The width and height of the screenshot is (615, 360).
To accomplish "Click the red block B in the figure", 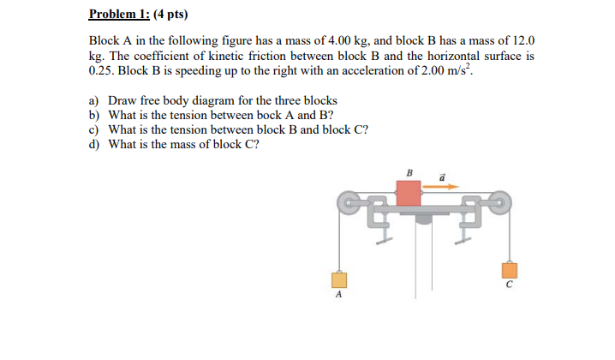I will pyautogui.click(x=409, y=192).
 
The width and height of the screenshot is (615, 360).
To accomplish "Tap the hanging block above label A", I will pyautogui.click(x=339, y=279).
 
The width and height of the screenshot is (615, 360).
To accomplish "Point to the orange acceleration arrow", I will pyautogui.click(x=443, y=186).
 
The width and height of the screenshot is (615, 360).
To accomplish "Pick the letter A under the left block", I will pyautogui.click(x=338, y=295).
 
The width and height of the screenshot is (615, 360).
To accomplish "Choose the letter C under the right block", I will pyautogui.click(x=509, y=285).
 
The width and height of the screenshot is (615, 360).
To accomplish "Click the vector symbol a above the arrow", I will pyautogui.click(x=442, y=175).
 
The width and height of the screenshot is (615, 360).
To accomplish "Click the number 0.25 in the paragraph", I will pyautogui.click(x=102, y=69).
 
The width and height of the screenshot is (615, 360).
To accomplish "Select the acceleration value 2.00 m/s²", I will pyautogui.click(x=438, y=69).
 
